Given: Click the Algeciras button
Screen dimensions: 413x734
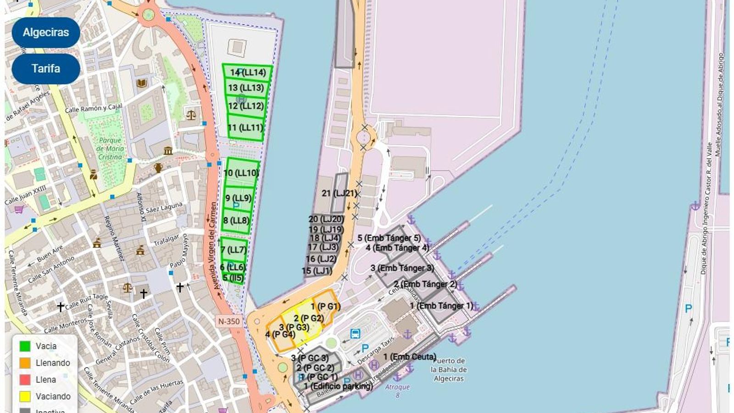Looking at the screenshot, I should tap(46, 33).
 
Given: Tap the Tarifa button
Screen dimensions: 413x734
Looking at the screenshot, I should tap(46, 69).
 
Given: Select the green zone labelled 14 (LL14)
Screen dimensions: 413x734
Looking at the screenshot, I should tap(248, 72).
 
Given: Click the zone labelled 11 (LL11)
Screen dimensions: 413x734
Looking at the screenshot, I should tap(245, 128).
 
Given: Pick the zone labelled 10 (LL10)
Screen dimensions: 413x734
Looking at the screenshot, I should tap(241, 173).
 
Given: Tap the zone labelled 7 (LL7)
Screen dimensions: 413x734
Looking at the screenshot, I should tap(234, 250).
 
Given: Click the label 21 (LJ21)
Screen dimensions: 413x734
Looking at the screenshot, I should tap(339, 193).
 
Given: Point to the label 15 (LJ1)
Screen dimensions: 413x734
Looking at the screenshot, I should tap(317, 271).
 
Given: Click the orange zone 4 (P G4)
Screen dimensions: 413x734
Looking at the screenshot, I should tap(280, 335).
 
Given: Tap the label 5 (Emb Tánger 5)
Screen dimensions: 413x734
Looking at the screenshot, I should tap(389, 238).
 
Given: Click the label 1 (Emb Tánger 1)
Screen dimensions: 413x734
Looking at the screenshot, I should tap(441, 306).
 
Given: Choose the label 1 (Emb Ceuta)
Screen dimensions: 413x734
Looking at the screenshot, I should tap(410, 357).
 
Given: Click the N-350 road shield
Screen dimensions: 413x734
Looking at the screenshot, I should tap(229, 321).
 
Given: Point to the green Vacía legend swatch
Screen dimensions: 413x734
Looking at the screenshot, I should tap(25, 346).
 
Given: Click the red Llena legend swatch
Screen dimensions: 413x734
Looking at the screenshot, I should tap(25, 380).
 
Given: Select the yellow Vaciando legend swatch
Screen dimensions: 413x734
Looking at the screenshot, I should tap(25, 396).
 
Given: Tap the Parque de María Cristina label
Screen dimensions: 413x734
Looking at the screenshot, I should tap(110, 149).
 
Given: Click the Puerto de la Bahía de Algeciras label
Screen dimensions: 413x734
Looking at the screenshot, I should tap(449, 370).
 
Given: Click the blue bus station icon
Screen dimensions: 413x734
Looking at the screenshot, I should tap(355, 334).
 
